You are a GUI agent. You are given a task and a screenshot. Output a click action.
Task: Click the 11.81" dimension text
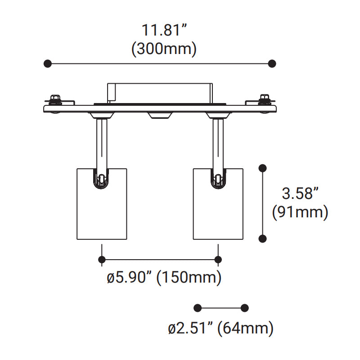coord(164,30)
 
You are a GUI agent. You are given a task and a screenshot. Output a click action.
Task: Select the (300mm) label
coord(164,49)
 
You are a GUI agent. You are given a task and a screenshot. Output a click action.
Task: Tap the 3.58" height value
coord(300,193)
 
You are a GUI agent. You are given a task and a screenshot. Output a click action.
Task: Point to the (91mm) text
coord(300,212)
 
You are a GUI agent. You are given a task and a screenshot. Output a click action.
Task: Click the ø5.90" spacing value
coord(130,277)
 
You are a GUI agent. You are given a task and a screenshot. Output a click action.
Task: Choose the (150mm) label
coord(189,277)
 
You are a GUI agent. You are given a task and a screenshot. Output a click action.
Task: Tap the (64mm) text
coord(245,328)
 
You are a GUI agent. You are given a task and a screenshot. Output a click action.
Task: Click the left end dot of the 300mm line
coord(48,63)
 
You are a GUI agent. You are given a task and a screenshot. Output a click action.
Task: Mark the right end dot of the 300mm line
coord(272,63)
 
